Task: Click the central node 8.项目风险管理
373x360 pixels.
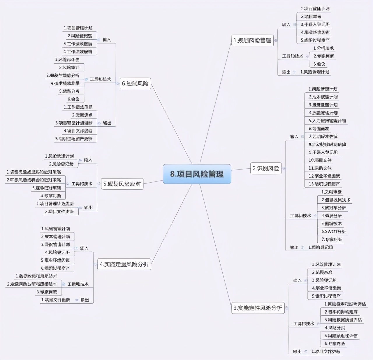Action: pos(197,174)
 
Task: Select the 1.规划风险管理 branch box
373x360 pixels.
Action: pos(252,41)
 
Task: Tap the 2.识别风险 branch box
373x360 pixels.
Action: pos(266,168)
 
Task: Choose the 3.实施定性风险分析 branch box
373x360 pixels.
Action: pos(258,308)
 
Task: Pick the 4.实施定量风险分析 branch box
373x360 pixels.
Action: pos(124,264)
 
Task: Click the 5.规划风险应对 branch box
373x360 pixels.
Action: pos(122,184)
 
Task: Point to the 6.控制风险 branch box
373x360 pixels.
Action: pos(135,83)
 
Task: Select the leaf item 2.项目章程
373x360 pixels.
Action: pos(311,17)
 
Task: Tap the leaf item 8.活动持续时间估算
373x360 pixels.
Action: pos(328,144)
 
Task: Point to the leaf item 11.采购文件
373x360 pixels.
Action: pos(320,168)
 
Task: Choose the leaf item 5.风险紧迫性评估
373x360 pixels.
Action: pos(341,336)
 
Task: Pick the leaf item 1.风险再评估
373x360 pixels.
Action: pos(67,60)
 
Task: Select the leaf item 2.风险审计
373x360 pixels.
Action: pos(69,67)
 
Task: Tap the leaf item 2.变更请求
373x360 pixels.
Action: pos(82,115)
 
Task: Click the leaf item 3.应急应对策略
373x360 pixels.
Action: pos(47,188)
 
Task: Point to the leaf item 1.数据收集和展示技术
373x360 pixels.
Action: pos(36,276)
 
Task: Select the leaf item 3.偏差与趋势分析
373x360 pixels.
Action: pos(63,76)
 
